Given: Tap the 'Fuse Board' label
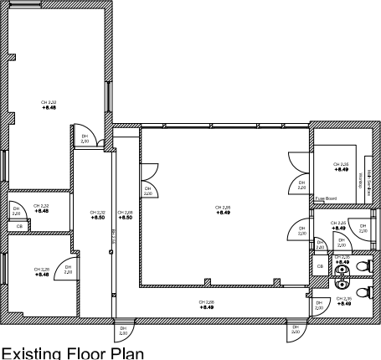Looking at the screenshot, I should point(326,198).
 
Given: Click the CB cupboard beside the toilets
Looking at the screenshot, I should point(318,266).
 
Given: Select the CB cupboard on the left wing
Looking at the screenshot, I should point(19,226).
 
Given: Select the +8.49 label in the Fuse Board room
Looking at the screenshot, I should point(342,170).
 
